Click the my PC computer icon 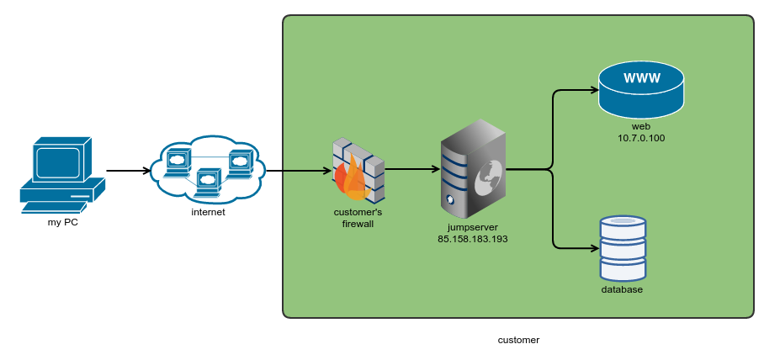click(62, 173)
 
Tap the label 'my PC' click(62, 222)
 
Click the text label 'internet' click(208, 212)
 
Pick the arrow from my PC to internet click(128, 171)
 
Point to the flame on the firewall click(348, 181)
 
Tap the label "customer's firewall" click(358, 218)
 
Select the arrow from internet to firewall click(299, 171)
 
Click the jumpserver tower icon click(474, 168)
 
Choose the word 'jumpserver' click(472, 227)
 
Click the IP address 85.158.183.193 click(472, 239)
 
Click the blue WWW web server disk click(641, 91)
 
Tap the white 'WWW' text click(641, 79)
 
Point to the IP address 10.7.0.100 click(641, 137)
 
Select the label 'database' click(622, 289)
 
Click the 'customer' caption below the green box click(518, 340)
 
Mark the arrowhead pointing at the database click(594, 248)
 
